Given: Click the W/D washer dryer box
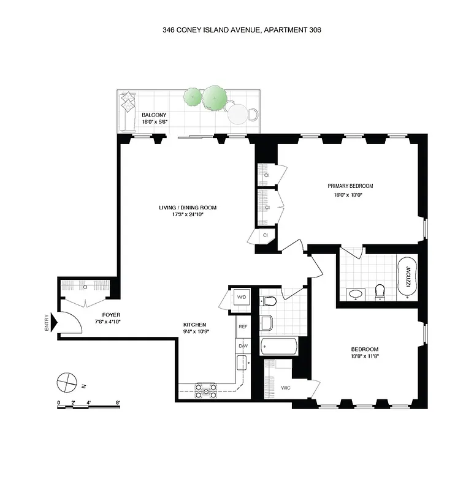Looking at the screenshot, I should click(241, 298).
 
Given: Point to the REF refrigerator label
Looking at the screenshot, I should click(243, 327).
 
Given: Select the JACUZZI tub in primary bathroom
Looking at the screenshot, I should click(407, 276).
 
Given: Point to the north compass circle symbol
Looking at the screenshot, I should click(65, 382).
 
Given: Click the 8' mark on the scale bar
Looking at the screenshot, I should click(118, 402).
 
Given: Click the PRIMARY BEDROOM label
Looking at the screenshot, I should click(350, 186).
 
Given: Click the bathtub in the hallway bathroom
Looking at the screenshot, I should click(280, 347).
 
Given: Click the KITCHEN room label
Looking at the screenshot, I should click(194, 325).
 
